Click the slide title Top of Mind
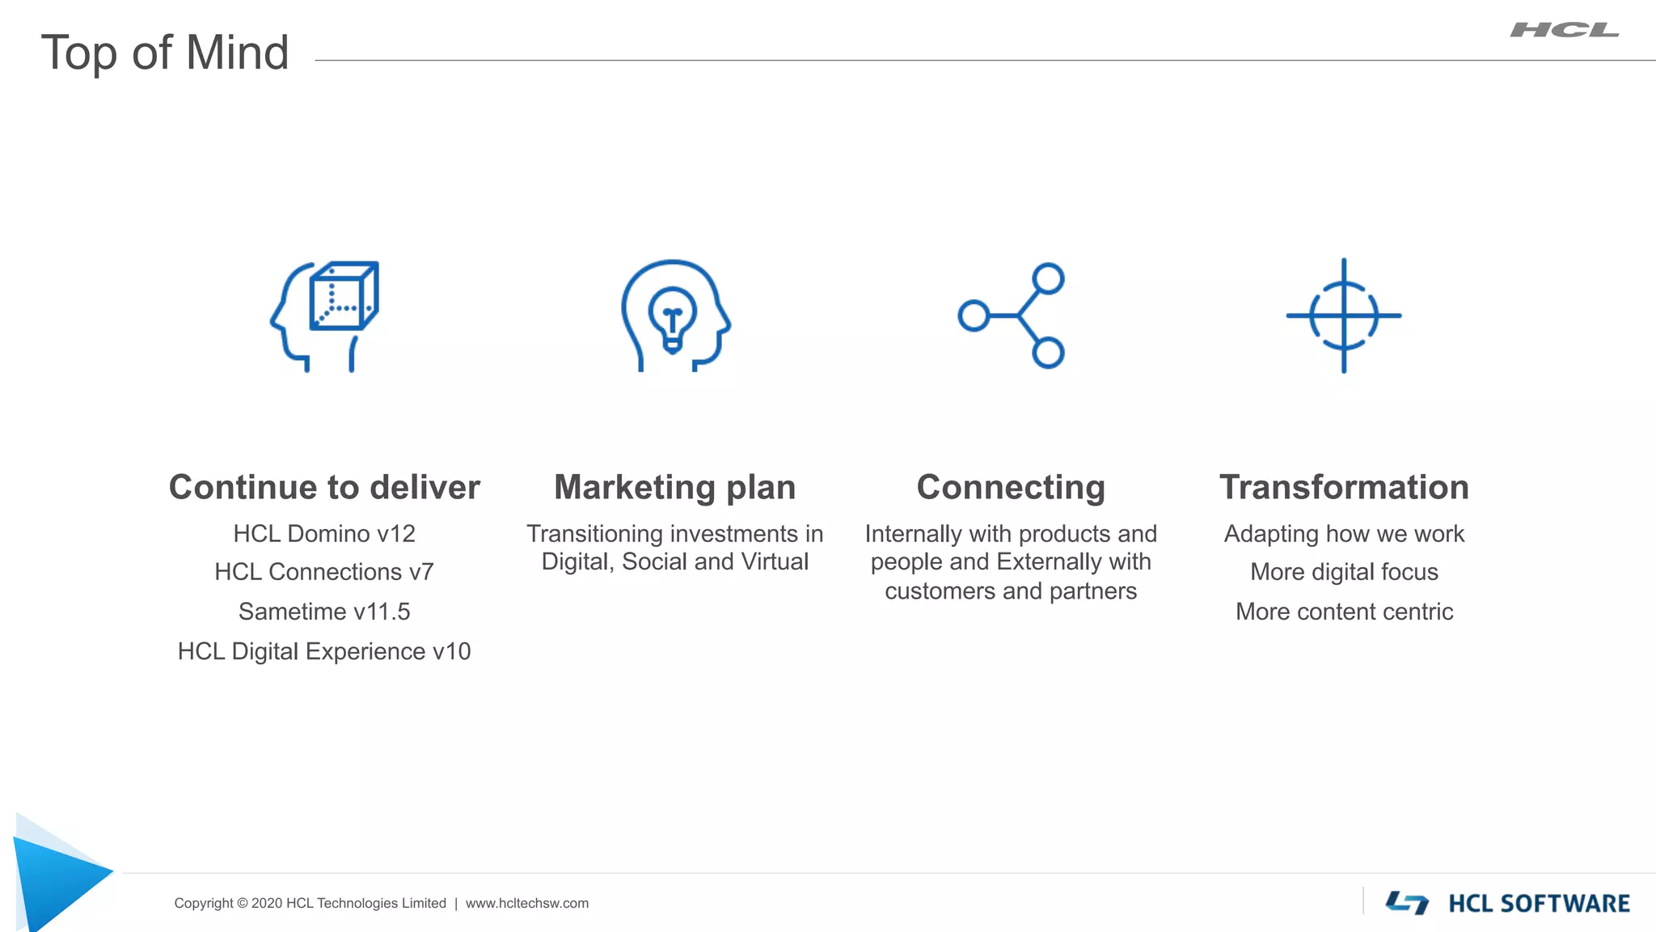coord(165,53)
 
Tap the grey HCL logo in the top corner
coord(1564,31)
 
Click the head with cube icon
coord(325,316)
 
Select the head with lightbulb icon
coord(675,316)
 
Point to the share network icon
coord(1012,316)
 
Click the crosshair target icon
coord(1344,316)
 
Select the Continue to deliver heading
coord(324,487)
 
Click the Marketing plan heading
coord(675,487)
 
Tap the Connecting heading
coord(1011,487)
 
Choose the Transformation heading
coord(1344,487)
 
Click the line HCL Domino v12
coord(324,534)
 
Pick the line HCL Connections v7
coord(324,572)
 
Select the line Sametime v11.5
coord(324,612)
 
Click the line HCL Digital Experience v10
coord(324,651)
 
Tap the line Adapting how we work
coord(1344,534)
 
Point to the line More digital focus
coord(1344,572)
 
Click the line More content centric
coord(1344,612)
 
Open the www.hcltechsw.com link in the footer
coord(527,903)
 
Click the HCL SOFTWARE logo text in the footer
coord(1539,903)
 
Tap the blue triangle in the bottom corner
coord(57,878)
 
